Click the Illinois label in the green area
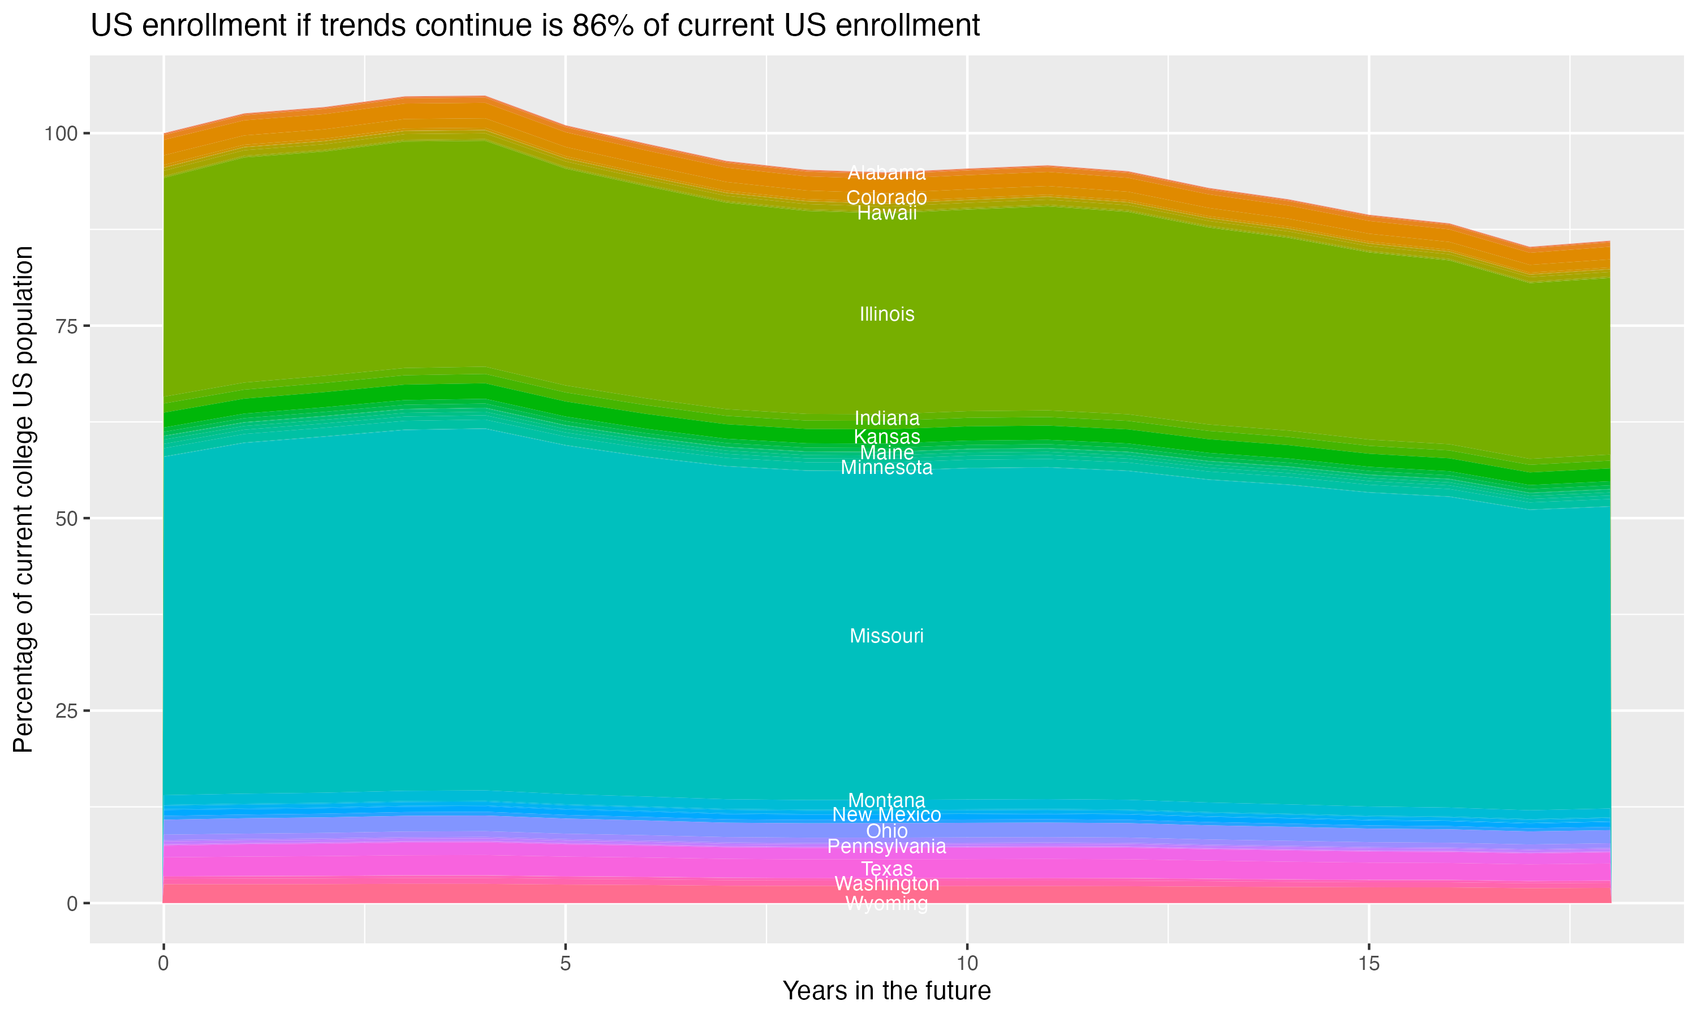coord(886,314)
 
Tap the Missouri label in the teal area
coord(886,636)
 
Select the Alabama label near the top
coord(886,173)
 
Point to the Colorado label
coord(886,197)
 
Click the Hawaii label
coord(886,213)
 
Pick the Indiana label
coord(886,418)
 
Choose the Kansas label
coord(886,436)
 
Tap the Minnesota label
coord(886,468)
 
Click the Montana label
coord(886,800)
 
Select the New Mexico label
coord(886,815)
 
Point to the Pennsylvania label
coord(886,847)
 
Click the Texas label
coord(886,869)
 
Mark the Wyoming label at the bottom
coord(886,903)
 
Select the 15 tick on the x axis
coord(1368,964)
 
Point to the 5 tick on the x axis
coord(565,964)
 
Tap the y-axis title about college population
coord(23,499)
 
